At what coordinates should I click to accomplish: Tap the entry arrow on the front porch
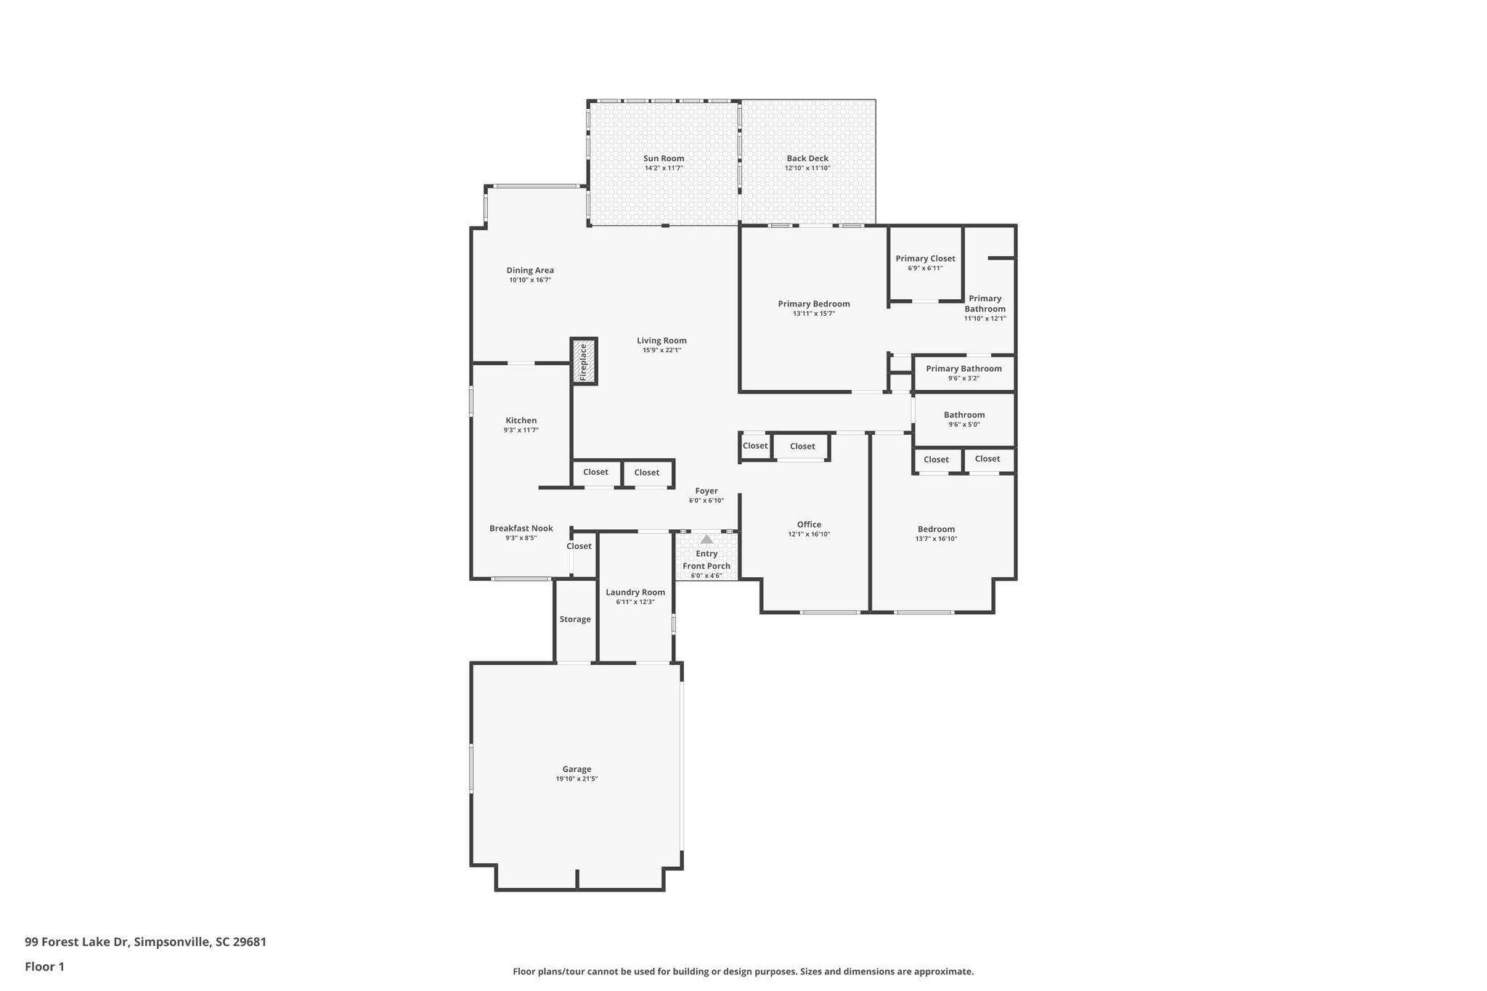(706, 539)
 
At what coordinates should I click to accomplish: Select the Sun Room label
(664, 158)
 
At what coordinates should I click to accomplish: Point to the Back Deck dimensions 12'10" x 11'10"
(807, 168)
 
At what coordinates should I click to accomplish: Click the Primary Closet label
(925, 258)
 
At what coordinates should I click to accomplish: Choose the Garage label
(577, 769)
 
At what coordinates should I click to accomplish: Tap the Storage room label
(575, 619)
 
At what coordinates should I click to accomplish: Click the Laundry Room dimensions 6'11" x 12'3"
(635, 602)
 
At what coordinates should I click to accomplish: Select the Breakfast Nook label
(521, 529)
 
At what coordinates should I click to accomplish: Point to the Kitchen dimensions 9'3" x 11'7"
(521, 431)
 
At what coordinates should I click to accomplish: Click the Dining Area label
(530, 270)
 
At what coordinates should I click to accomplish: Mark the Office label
(809, 524)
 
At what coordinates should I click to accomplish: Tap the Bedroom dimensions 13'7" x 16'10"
(936, 539)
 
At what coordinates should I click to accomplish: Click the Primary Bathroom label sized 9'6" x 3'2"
(964, 369)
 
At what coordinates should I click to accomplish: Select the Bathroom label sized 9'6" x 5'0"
(964, 415)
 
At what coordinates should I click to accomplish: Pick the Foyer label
(706, 491)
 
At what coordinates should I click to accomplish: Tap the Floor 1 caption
(44, 966)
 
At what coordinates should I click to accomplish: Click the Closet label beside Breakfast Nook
(579, 546)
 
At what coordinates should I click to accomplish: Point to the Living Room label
(661, 340)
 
